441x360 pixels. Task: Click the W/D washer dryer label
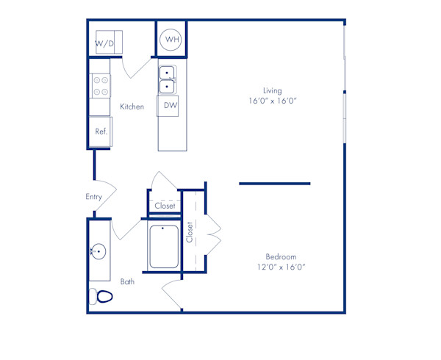pos(104,43)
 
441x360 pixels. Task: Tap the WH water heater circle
pos(171,39)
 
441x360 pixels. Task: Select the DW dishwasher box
pos(170,106)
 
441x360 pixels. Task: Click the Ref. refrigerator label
pos(101,132)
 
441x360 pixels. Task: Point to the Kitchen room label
pos(132,107)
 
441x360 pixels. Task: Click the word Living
pos(273,90)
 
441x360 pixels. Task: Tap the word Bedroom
pos(281,256)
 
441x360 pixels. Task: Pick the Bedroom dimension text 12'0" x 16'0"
pos(281,267)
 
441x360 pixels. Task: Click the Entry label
pos(93,196)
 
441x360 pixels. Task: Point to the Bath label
pos(127,281)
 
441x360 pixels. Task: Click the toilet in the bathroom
pos(101,297)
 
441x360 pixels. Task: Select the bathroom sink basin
pos(98,252)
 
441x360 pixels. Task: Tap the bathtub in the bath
pos(164,247)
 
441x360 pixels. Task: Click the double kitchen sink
pos(167,79)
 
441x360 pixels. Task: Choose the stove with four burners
pos(100,87)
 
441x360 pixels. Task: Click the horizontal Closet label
pos(165,206)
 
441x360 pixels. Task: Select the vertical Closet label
pos(190,232)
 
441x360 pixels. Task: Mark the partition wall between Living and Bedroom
pos(274,184)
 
